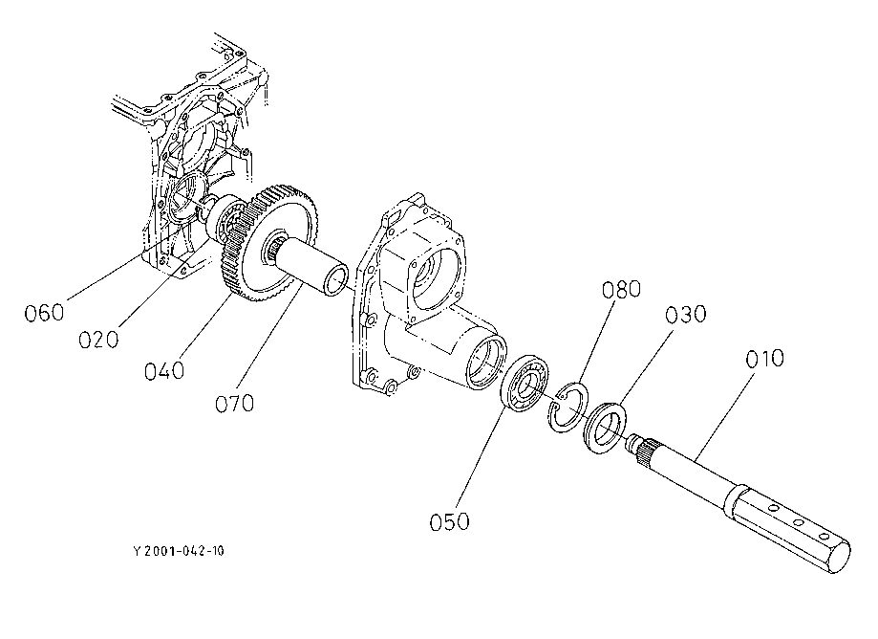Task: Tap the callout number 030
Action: click(687, 315)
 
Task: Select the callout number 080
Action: click(621, 290)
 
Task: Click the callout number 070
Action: click(234, 403)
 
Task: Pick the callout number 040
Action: click(165, 370)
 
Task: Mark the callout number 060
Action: click(45, 312)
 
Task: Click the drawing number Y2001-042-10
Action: click(180, 551)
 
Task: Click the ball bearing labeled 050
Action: click(525, 386)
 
